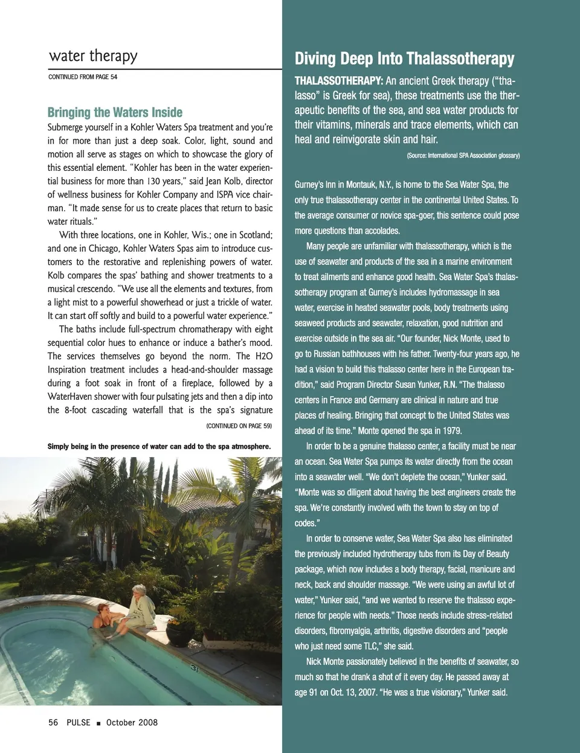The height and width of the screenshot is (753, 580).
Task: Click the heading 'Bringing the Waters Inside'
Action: point(115,112)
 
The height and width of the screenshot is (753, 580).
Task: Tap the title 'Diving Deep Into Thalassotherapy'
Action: point(404,59)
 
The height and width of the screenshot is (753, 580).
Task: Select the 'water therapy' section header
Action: point(93,56)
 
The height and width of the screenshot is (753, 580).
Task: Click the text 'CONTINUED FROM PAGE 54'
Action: point(83,77)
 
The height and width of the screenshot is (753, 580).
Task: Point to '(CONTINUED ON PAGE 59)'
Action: point(239,426)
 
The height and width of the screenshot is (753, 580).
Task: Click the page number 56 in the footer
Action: point(53,722)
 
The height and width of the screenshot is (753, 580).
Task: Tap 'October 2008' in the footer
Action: point(132,722)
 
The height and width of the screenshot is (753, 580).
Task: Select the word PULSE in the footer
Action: point(79,722)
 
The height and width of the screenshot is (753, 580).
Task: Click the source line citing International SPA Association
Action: point(463,156)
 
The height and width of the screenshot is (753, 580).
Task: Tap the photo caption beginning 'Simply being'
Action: point(159,447)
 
